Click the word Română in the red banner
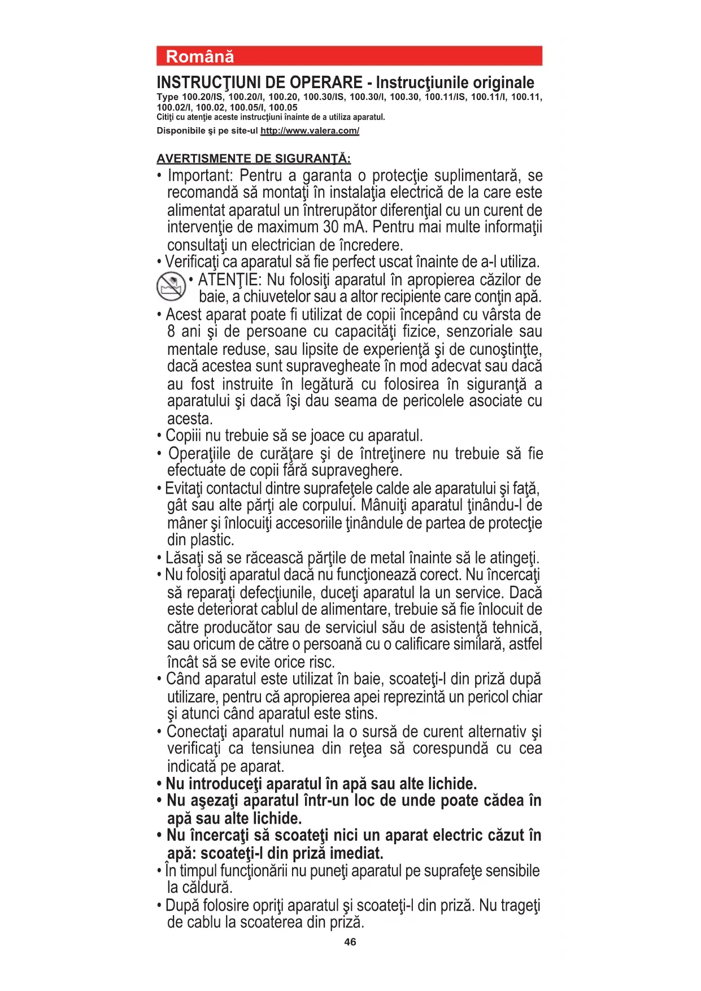(x=199, y=56)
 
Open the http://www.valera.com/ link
(x=310, y=131)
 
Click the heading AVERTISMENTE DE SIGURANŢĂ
(x=254, y=158)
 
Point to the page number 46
(x=350, y=942)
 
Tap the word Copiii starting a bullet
(x=184, y=436)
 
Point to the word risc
(x=321, y=662)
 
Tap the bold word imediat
(x=356, y=853)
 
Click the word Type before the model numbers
(x=167, y=97)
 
